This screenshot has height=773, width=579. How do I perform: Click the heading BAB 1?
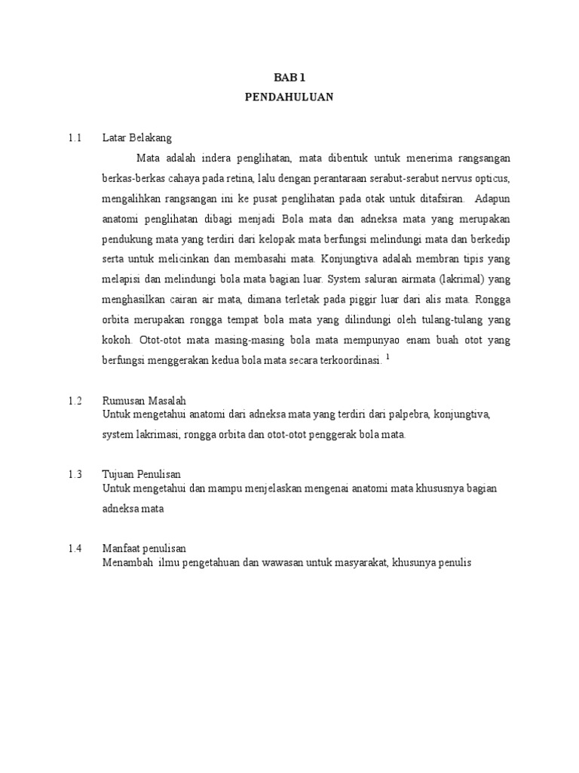coord(289,77)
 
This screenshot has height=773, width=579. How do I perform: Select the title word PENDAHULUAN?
coord(289,97)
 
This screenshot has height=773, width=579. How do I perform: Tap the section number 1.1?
coord(74,138)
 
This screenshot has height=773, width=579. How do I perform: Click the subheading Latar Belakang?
coord(137,138)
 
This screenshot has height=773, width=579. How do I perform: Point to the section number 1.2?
coord(74,401)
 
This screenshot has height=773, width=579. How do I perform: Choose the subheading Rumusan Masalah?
coord(144,401)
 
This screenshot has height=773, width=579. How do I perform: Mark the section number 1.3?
coord(74,475)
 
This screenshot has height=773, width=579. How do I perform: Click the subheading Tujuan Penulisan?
coord(141,475)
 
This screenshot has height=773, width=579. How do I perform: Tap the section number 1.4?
coord(74,549)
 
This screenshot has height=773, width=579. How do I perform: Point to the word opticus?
coord(492,179)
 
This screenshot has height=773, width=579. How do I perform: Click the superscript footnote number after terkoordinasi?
coord(388,356)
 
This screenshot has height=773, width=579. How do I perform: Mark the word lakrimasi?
coord(163,435)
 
